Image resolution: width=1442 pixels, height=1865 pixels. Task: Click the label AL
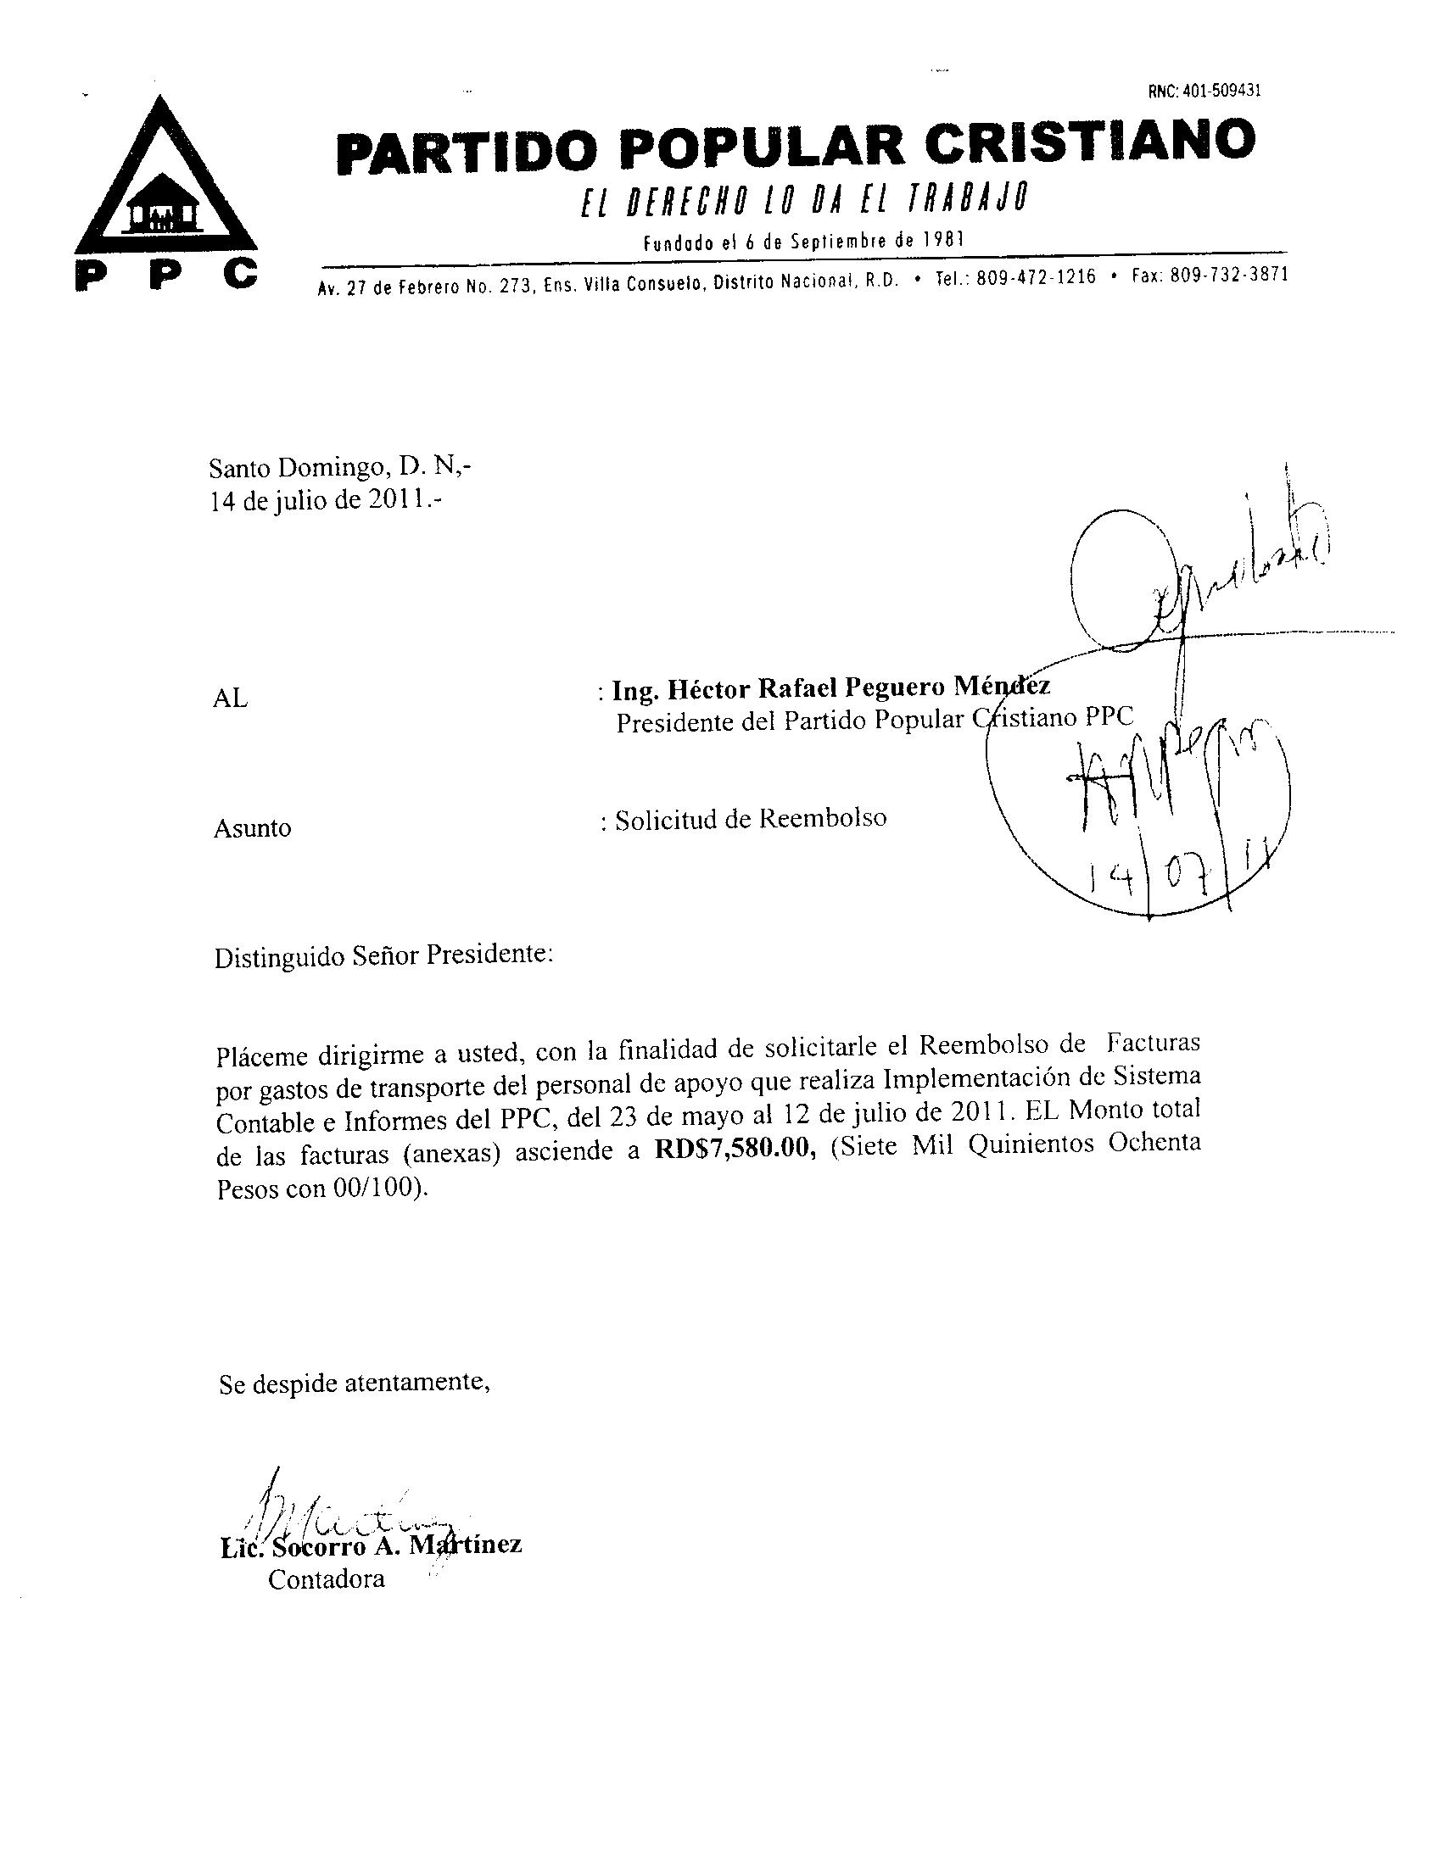coord(229,699)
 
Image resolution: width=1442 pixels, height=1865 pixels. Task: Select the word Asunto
coord(252,827)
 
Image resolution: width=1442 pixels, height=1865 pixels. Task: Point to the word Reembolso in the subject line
coord(822,818)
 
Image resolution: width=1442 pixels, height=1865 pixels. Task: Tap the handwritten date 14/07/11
coord(1174,877)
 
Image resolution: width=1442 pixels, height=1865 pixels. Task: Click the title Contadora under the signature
coord(327,1579)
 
